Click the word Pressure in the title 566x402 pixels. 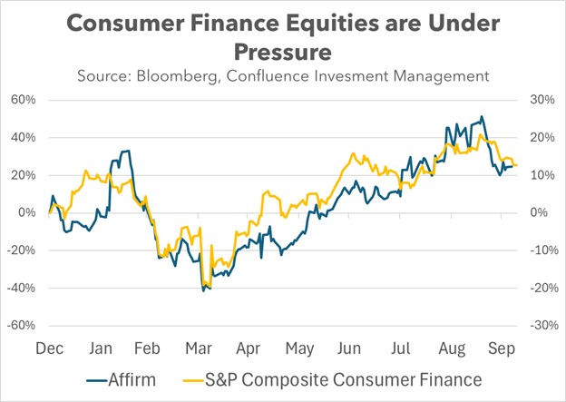[x=283, y=50]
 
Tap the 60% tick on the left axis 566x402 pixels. [x=28, y=100]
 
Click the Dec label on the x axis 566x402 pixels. [x=49, y=348]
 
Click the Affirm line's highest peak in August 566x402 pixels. [x=483, y=116]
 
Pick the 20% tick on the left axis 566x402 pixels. [x=28, y=175]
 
